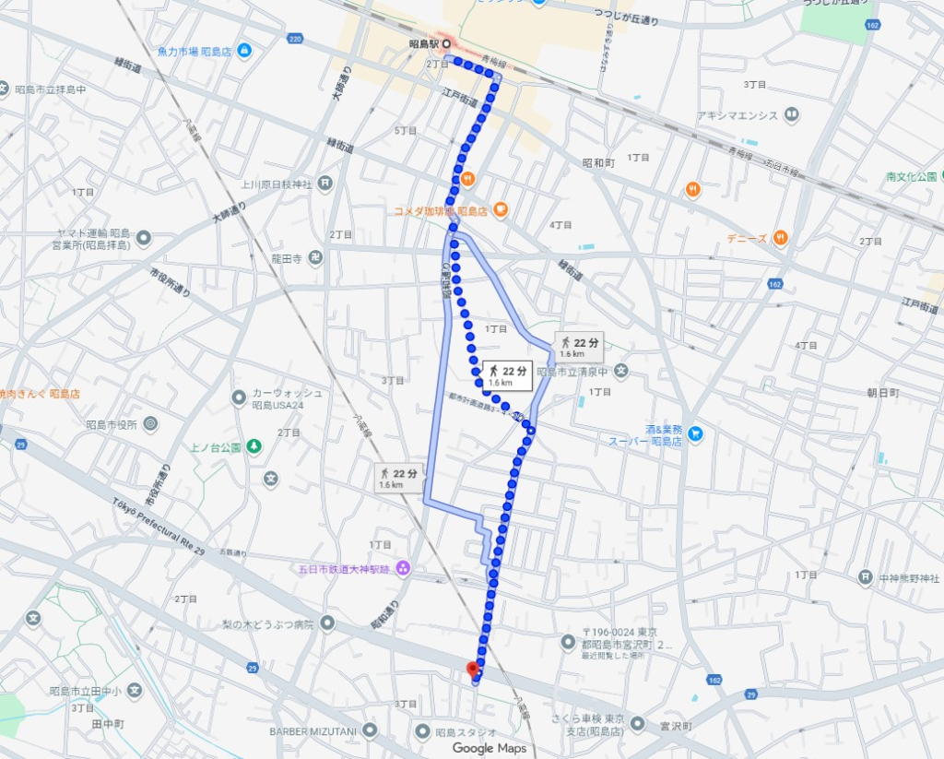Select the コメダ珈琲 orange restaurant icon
pos(501,209)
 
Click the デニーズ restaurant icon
pos(781,237)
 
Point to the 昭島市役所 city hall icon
pos(150,424)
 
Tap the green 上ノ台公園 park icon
pos(254,447)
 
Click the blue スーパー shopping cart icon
pos(695,433)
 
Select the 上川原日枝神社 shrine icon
pos(325,183)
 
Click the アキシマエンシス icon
pos(792,115)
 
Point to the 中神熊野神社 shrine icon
pos(865,577)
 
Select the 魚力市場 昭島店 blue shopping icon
pos(244,50)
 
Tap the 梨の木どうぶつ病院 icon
pos(328,623)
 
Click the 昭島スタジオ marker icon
pos(422,731)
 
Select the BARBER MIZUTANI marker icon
pos(370,731)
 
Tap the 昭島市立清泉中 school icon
pos(621,372)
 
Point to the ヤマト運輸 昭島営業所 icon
pos(143,238)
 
